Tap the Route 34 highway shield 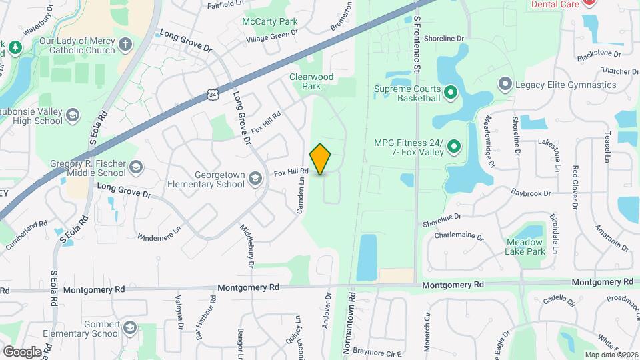(x=212, y=95)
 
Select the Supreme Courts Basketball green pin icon (x=450, y=93)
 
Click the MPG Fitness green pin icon (x=455, y=145)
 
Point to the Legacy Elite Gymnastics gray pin (x=505, y=85)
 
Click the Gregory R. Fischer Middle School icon (x=136, y=167)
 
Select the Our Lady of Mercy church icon (x=125, y=45)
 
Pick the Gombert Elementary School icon (x=129, y=329)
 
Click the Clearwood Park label (x=311, y=81)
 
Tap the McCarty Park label (x=270, y=21)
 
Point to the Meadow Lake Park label (x=526, y=247)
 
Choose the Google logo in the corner (x=22, y=351)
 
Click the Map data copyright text (x=611, y=355)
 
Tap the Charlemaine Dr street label (x=457, y=235)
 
